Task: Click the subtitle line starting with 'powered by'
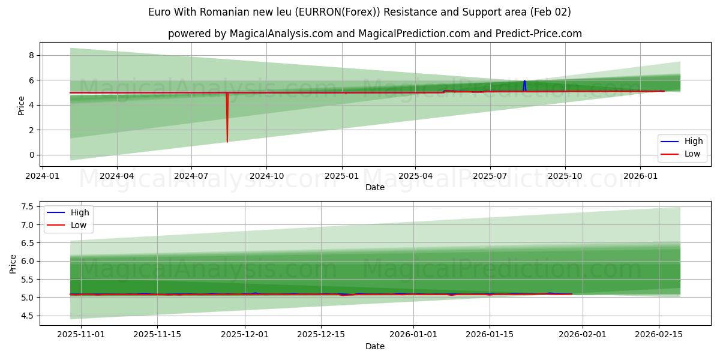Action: (375, 34)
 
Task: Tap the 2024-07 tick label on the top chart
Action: (191, 176)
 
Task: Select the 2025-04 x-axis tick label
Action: (416, 176)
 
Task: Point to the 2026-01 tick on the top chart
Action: (640, 176)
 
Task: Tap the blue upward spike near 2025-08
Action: (524, 83)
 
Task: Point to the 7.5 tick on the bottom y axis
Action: (26, 207)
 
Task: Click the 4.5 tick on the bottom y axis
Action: (26, 316)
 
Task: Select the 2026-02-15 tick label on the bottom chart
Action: (659, 335)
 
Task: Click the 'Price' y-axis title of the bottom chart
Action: (13, 263)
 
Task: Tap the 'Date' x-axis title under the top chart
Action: (375, 188)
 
